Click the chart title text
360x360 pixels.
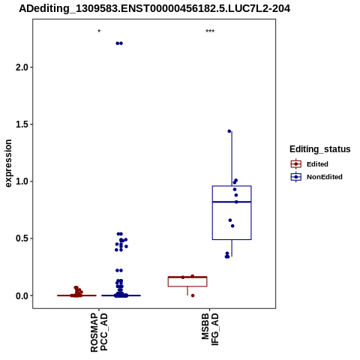[154, 9]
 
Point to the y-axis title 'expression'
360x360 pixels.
[8, 163]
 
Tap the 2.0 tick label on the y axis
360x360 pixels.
[22, 67]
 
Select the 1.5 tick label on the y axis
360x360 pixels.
[22, 124]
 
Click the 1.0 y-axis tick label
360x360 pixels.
[22, 181]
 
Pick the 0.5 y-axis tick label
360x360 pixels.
[22, 238]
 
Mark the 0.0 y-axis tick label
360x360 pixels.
[22, 295]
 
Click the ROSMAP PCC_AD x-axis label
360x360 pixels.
[99, 333]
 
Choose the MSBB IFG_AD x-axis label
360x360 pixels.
[210, 329]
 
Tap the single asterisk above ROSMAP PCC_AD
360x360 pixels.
[99, 31]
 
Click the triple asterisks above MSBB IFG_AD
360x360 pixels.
[210, 31]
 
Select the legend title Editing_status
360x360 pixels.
[320, 149]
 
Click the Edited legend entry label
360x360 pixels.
[317, 164]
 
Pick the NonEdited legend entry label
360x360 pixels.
[325, 177]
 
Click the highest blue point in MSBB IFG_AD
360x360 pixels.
[229, 131]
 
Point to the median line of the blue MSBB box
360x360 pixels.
[232, 202]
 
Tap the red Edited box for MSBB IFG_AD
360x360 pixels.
[187, 277]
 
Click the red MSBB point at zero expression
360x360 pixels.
[193, 295]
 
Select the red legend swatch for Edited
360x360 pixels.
[296, 164]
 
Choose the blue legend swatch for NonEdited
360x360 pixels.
[296, 177]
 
